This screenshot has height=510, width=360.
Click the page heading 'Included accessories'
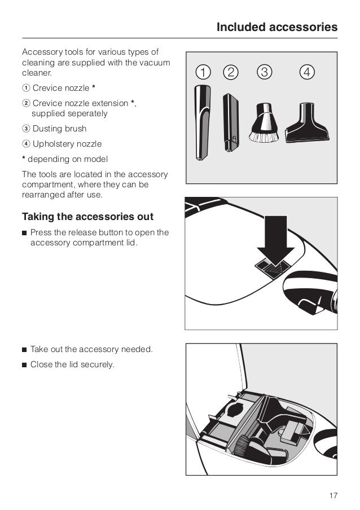[x=276, y=27]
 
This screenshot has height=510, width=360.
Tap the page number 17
[x=333, y=495]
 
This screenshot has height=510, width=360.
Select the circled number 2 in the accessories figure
[x=230, y=72]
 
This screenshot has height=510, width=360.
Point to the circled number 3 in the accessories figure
[x=264, y=72]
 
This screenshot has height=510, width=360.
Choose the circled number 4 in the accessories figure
[x=306, y=72]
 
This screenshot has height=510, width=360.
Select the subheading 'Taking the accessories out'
[x=87, y=217]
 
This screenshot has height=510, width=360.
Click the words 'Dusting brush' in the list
[x=59, y=129]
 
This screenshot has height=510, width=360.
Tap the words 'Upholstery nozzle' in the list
[x=67, y=144]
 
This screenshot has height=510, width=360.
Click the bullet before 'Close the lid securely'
[x=24, y=365]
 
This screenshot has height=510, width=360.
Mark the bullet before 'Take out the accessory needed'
[x=24, y=350]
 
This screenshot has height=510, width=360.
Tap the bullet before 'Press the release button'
[x=24, y=233]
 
